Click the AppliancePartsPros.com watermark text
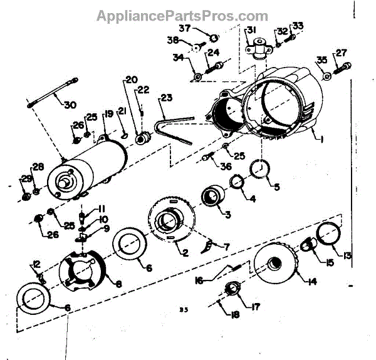tap(182, 16)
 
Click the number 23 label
tap(165, 98)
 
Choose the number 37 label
tap(185, 29)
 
